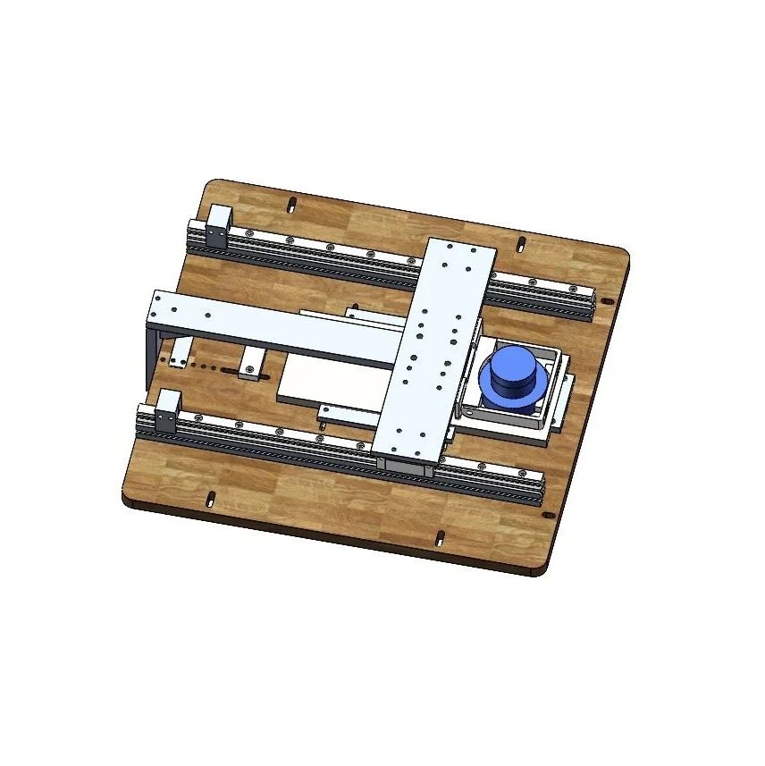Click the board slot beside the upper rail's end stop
[x=291, y=205]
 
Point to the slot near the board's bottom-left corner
[x=211, y=497]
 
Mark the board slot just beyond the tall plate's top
[x=520, y=243]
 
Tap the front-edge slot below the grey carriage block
[x=440, y=537]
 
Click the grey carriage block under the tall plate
[x=408, y=464]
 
